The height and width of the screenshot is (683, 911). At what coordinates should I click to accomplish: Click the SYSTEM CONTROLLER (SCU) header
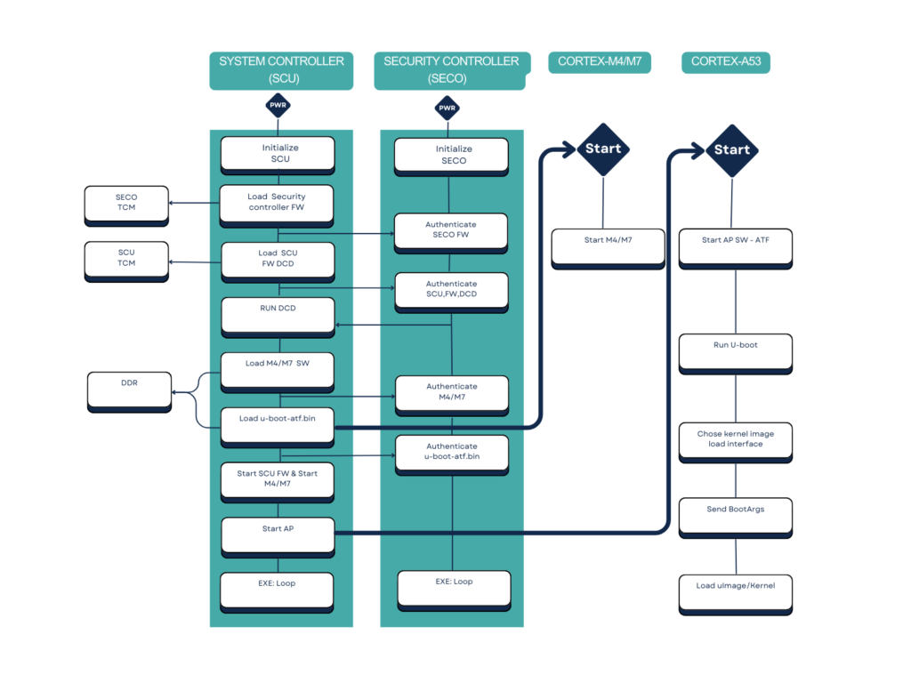click(x=281, y=70)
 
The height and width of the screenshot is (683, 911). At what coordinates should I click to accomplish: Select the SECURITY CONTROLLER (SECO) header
click(x=450, y=70)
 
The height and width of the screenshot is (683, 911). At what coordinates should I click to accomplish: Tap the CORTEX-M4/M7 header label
click(x=600, y=62)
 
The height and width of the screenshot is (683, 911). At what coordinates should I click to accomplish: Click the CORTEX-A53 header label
click(x=725, y=62)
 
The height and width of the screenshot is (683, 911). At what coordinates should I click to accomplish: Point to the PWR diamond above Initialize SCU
click(x=278, y=106)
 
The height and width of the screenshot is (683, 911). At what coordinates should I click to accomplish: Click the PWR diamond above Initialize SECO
click(x=447, y=108)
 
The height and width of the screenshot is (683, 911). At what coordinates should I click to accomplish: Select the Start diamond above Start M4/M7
click(x=603, y=149)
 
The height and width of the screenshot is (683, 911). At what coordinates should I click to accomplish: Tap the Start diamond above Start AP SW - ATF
click(x=732, y=149)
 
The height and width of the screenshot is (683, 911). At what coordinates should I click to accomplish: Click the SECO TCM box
click(x=126, y=204)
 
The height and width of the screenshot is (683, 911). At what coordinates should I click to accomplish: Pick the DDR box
click(x=129, y=391)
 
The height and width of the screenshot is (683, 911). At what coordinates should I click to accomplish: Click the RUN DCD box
click(x=278, y=316)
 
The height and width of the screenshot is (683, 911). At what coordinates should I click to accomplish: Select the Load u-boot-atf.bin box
click(x=278, y=426)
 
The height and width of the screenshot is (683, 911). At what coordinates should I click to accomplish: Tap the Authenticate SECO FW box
click(x=451, y=231)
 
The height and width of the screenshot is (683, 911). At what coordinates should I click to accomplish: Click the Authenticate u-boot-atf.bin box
click(x=452, y=454)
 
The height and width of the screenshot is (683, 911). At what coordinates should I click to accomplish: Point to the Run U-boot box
click(x=736, y=351)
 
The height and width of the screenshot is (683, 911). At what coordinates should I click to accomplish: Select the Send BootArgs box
click(x=736, y=516)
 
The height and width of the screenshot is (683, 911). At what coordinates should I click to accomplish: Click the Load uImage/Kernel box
click(x=736, y=593)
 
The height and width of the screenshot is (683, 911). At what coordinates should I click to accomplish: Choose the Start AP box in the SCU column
click(x=278, y=535)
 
